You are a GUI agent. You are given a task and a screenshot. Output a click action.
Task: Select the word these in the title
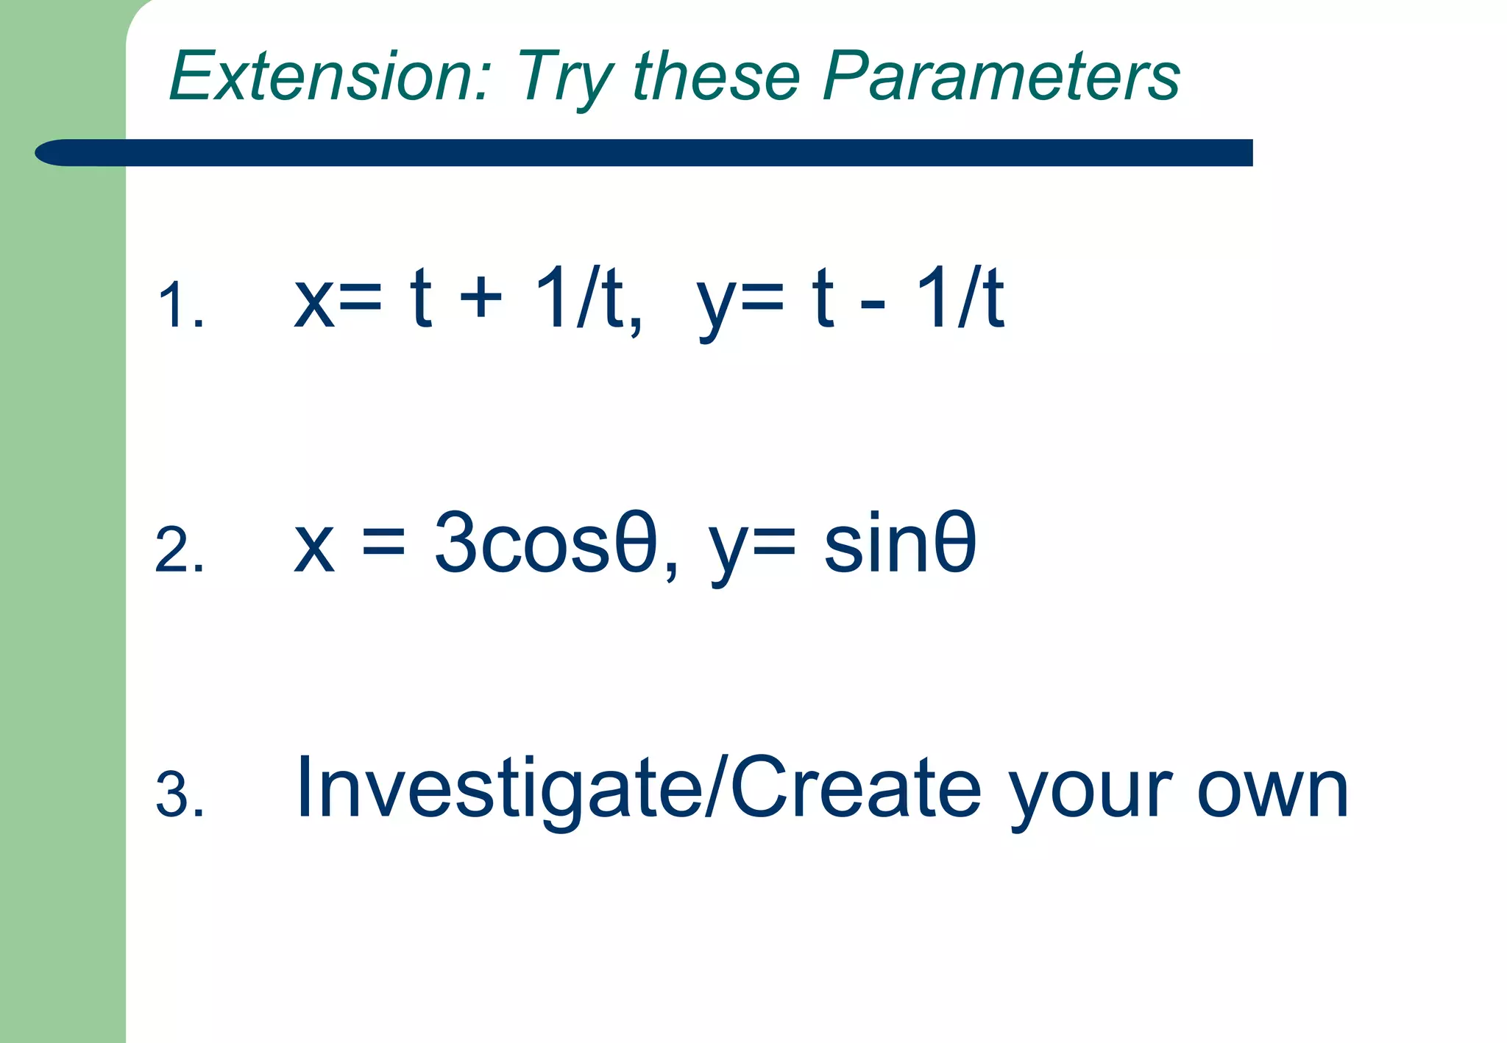click(x=716, y=76)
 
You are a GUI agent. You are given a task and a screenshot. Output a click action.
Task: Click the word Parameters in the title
click(x=1001, y=76)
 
